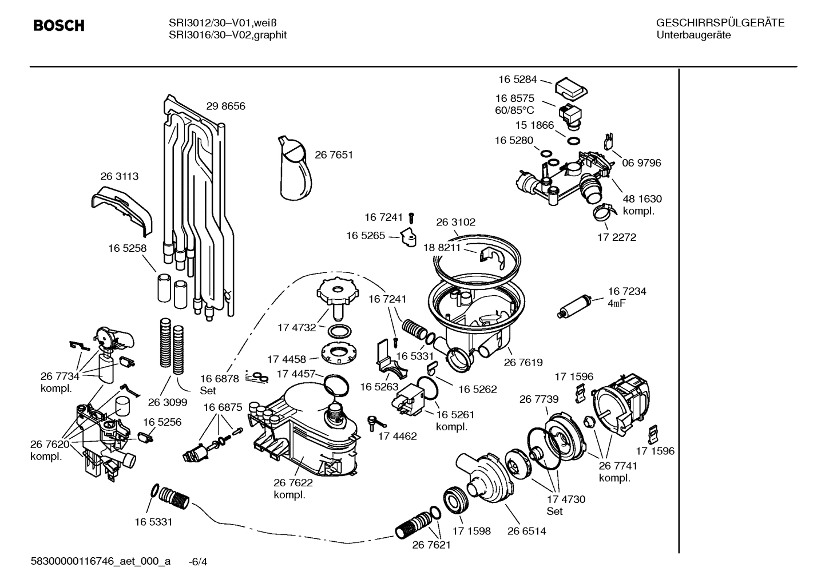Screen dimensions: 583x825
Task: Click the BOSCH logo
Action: coord(59,26)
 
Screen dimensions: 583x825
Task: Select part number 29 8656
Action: coord(225,106)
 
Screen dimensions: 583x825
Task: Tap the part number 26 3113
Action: coord(119,176)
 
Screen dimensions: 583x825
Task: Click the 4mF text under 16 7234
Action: coord(616,303)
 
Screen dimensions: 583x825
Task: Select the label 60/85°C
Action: coord(514,110)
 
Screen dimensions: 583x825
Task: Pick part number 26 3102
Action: coord(455,222)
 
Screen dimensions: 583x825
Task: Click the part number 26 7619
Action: coord(523,362)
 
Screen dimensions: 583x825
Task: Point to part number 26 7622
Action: coord(293,483)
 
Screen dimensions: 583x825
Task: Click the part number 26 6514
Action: coord(526,531)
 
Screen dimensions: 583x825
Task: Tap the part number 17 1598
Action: coord(471,531)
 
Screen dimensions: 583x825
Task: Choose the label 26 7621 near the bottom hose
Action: coord(431,545)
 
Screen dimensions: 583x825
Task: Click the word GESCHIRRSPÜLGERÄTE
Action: coord(720,23)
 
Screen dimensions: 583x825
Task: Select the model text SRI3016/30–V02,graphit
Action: coord(227,35)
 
